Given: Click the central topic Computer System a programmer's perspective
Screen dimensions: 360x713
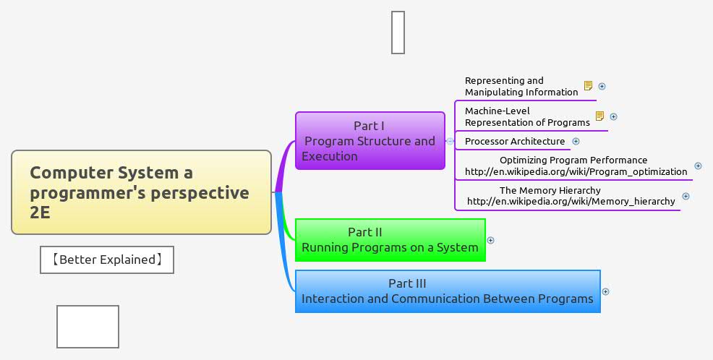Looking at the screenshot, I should point(141,192).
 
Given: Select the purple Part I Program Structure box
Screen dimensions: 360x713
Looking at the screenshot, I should point(370,140).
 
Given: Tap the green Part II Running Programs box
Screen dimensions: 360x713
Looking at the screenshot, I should point(390,240).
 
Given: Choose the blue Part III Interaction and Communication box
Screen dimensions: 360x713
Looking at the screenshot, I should point(447,291).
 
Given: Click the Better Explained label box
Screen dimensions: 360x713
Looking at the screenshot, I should point(107,260).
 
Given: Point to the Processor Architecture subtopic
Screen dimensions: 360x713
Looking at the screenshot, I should point(514,141).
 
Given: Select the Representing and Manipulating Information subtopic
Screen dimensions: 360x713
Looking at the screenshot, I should point(521,86).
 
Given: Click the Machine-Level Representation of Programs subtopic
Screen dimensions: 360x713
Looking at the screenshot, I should point(526,116).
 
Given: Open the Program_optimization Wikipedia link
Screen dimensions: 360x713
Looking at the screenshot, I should point(576,171).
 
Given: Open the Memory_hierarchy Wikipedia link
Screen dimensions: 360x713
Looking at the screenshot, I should point(571,201).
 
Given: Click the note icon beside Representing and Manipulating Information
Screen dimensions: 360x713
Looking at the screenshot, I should point(588,86).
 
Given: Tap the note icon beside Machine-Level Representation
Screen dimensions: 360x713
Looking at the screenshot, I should point(599,116).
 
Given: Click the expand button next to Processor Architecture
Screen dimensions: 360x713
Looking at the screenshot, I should point(576,141).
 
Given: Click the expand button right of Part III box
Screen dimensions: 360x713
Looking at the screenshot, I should point(606,292).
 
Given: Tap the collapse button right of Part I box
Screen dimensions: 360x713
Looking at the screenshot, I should point(450,141).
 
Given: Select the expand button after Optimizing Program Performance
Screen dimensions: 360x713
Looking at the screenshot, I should point(698,166).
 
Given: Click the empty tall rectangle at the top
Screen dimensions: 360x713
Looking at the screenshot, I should point(398,32).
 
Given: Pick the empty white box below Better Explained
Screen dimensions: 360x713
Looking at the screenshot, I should point(87,327).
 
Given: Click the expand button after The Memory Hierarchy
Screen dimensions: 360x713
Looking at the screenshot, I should point(686,196).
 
